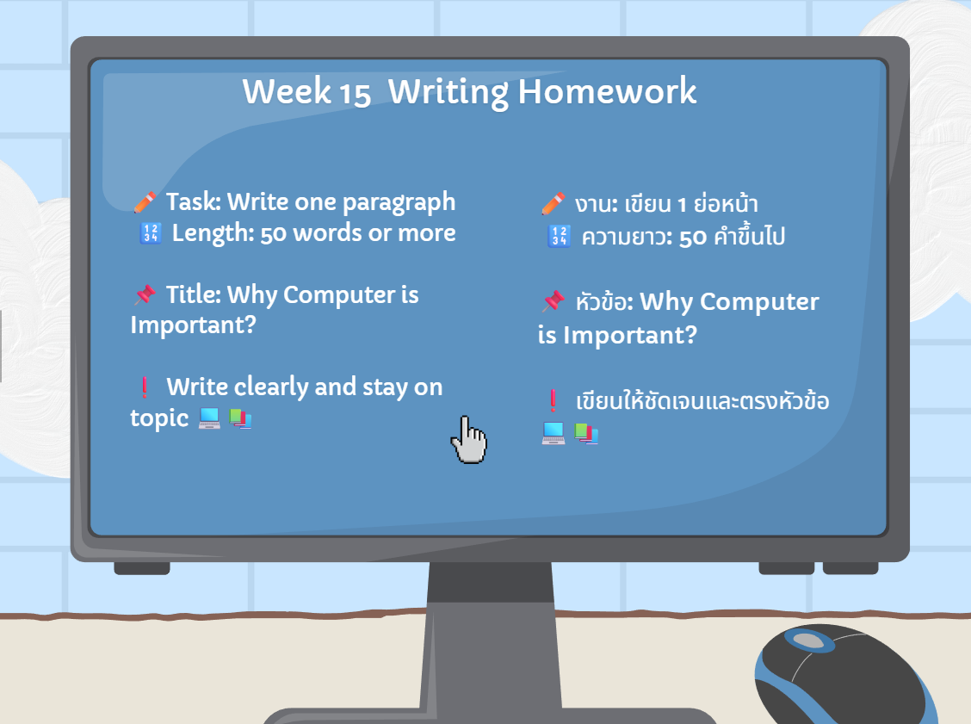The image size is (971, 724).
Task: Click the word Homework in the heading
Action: [607, 91]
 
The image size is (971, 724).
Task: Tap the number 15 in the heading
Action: [355, 94]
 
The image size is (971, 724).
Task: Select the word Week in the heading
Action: [287, 91]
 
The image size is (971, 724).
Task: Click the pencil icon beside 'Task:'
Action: [145, 202]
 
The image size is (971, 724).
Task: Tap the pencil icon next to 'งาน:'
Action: [553, 204]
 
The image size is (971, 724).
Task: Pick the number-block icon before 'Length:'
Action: [151, 233]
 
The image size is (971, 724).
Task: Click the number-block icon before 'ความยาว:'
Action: [560, 236]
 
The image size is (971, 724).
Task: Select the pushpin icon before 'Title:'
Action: [145, 294]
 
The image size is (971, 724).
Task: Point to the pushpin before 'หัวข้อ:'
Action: [554, 301]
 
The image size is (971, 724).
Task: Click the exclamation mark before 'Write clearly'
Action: [145, 387]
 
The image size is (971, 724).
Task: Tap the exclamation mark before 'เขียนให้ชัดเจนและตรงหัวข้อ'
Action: [553, 400]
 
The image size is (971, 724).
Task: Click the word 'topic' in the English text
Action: [159, 419]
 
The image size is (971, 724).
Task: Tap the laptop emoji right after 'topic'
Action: [209, 418]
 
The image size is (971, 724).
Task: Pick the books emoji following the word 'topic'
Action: [240, 418]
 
